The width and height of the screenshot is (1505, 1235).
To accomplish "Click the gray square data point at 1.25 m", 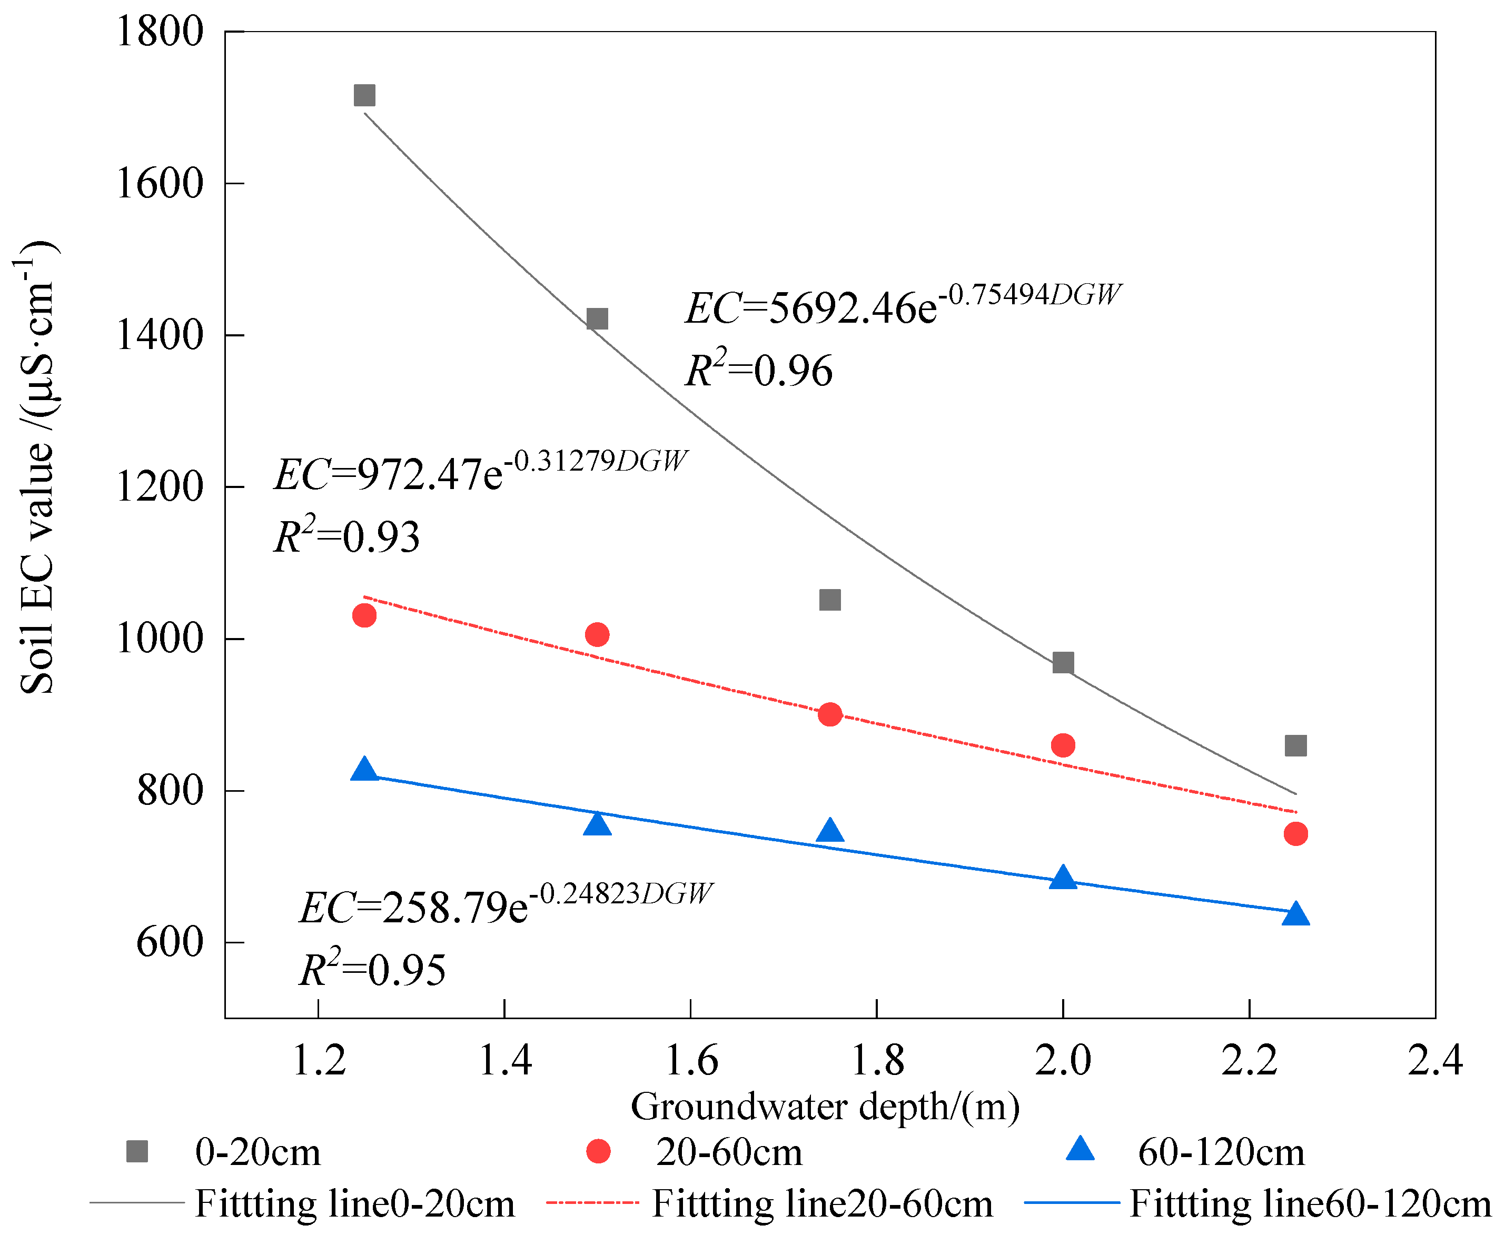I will point(364,95).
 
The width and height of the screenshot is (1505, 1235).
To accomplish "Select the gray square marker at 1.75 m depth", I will point(830,600).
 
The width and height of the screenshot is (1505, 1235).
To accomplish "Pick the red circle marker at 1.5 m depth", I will point(597,634).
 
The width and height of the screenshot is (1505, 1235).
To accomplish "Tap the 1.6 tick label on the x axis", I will point(690,1061).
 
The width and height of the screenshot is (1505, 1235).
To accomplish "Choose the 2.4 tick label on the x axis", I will point(1434,1061).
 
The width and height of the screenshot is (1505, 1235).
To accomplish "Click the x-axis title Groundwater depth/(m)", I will point(826,1106).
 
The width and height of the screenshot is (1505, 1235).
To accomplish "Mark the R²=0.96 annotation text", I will point(758,370).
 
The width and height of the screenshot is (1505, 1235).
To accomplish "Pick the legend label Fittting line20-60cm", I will point(822,1204).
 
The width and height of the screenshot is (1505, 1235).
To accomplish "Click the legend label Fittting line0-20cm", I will point(354,1204).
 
